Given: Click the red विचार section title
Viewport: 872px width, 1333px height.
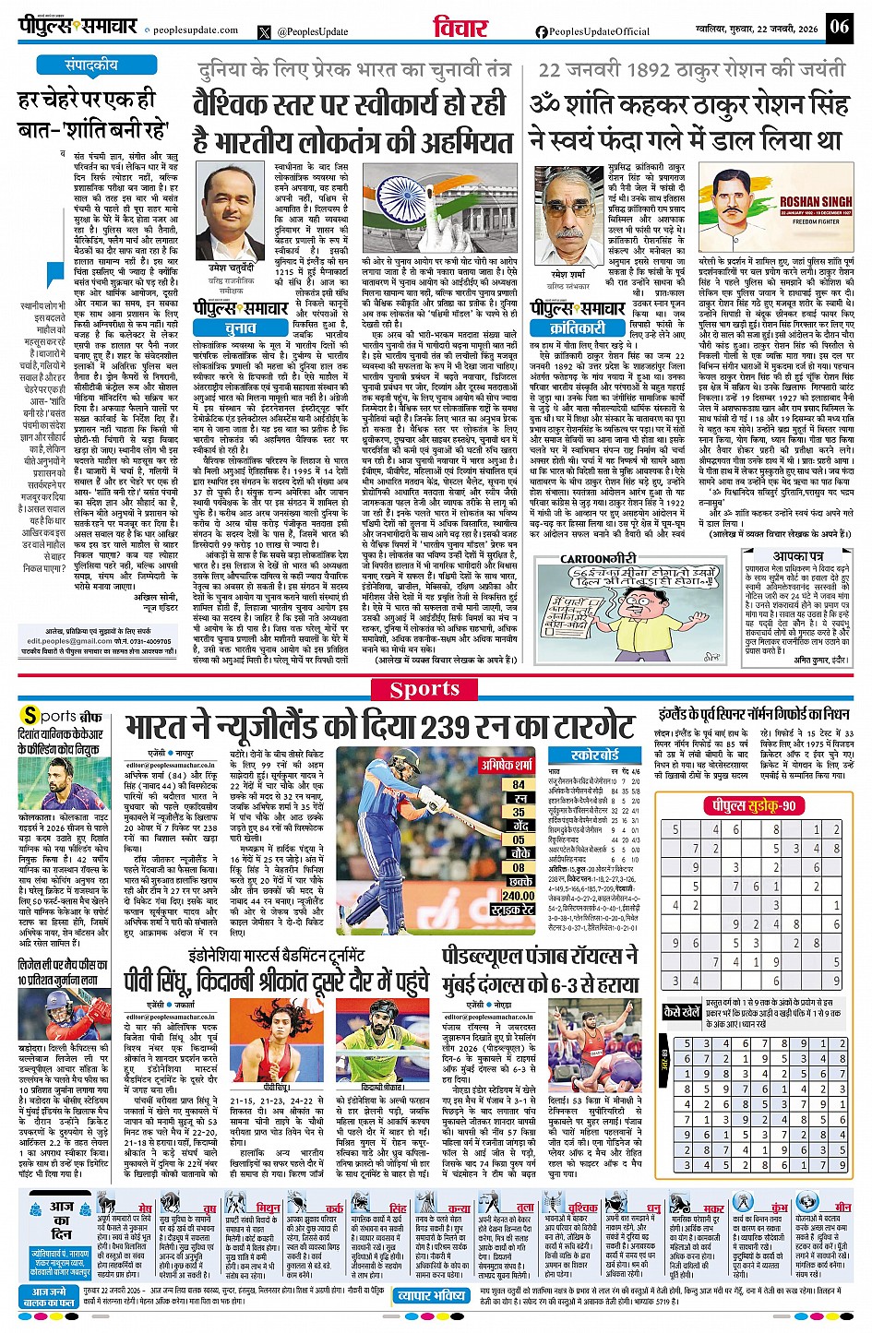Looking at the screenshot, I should click(x=460, y=29).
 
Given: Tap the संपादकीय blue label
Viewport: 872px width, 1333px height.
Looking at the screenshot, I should click(x=91, y=65).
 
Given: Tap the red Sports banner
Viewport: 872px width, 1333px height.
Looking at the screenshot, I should click(x=424, y=689).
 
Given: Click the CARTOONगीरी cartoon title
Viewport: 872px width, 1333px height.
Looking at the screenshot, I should click(x=599, y=559).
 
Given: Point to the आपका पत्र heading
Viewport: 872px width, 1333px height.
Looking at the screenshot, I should click(x=798, y=557).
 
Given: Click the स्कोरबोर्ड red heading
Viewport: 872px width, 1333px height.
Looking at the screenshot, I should click(x=594, y=755).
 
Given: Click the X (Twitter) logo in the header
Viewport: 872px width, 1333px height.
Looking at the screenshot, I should click(x=265, y=31).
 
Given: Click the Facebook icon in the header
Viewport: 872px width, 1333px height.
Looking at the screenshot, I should click(x=542, y=31).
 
